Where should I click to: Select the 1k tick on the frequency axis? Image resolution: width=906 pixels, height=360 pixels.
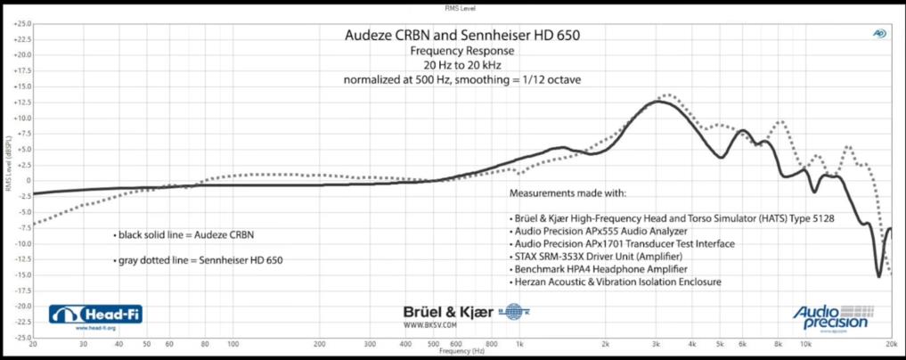[x=519, y=343]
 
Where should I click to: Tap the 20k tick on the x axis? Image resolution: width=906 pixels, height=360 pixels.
[x=890, y=343]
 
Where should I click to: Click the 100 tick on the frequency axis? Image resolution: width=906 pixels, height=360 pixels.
[x=233, y=343]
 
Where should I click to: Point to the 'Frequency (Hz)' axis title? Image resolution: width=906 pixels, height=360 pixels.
[x=461, y=351]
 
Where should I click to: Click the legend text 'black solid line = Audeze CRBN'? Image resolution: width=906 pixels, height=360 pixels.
[x=184, y=235]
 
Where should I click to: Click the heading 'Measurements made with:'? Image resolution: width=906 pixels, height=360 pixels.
[x=567, y=192]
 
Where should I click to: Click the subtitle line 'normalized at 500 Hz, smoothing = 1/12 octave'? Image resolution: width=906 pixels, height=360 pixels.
[x=462, y=80]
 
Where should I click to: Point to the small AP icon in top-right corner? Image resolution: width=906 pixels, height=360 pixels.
[x=879, y=34]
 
